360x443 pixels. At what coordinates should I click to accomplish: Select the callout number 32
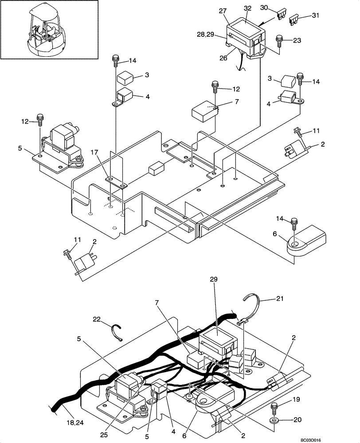(247, 9)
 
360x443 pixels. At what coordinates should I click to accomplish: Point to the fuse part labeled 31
(293, 19)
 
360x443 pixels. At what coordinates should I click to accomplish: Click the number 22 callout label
(98, 319)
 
